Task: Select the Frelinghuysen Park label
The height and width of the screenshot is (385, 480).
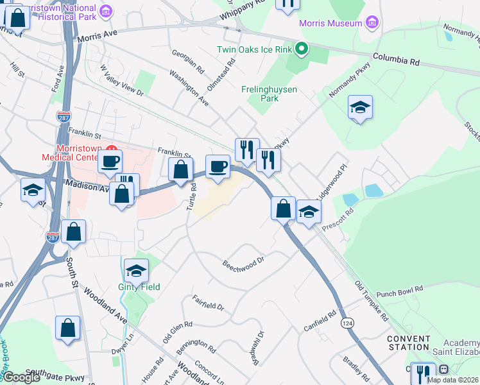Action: point(269,94)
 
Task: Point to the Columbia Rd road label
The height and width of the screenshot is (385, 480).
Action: point(397,60)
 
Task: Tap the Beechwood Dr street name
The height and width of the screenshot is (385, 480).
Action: point(244,263)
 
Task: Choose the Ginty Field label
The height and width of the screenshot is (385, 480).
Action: point(139,287)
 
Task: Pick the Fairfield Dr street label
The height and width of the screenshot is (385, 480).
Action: point(208,302)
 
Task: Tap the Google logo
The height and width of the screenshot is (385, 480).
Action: point(21,377)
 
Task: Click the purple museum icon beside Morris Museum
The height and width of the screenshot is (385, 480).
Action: point(371,24)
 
